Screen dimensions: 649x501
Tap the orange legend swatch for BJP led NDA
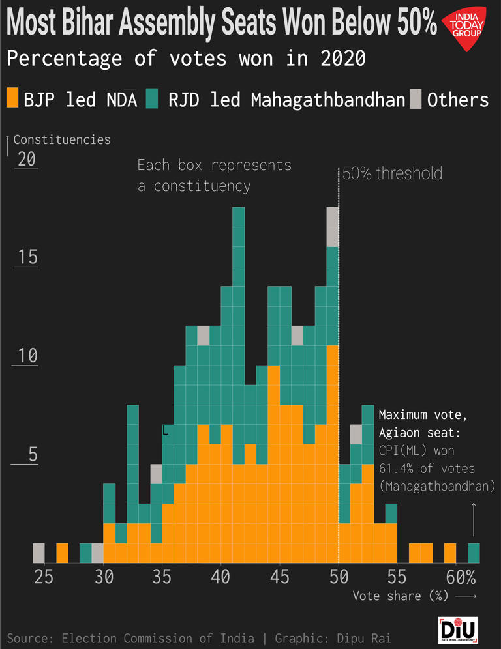(12, 99)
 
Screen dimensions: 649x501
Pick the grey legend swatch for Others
(415, 99)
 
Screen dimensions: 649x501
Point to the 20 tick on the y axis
(27, 160)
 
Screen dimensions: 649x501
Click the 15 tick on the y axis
(27, 257)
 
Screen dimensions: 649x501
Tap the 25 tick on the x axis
(44, 577)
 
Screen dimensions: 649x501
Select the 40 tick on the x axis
(221, 577)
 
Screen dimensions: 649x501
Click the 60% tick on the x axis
(461, 577)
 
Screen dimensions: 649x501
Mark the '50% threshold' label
(392, 173)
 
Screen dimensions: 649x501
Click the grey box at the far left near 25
(38, 553)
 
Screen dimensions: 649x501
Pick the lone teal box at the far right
(474, 553)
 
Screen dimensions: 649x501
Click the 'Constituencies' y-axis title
(62, 139)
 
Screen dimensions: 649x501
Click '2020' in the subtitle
(342, 59)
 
